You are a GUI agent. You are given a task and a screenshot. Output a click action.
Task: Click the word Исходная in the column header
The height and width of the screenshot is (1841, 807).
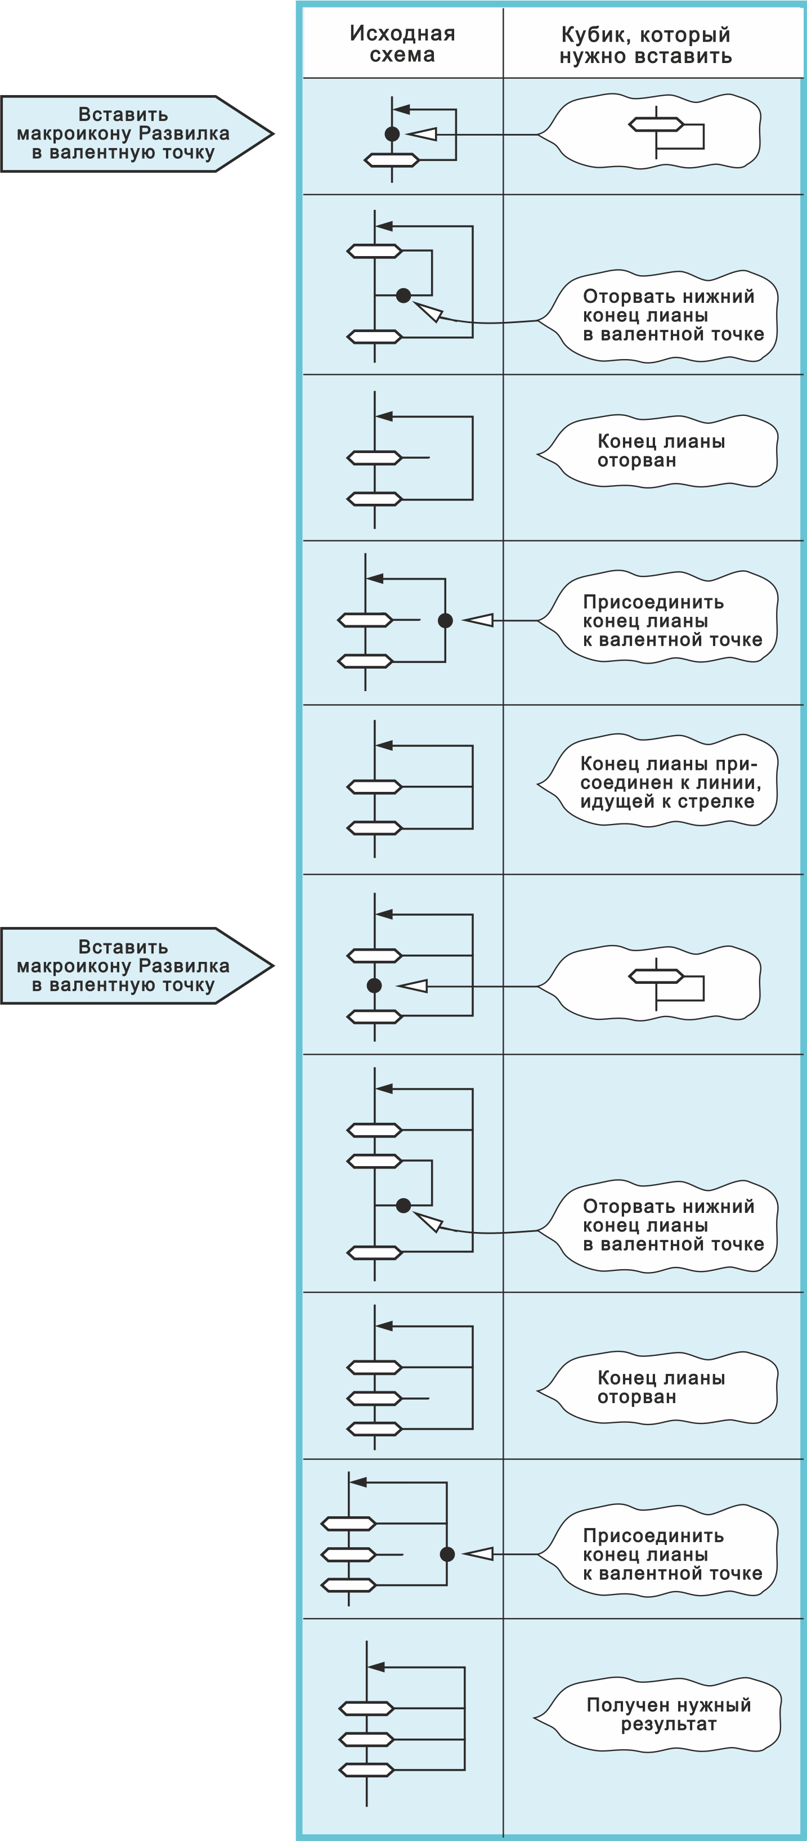[x=402, y=34]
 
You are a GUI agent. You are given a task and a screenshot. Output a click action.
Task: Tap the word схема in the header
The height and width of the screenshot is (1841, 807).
[x=402, y=55]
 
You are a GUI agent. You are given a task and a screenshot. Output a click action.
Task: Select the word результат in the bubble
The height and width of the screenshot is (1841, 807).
[x=669, y=1724]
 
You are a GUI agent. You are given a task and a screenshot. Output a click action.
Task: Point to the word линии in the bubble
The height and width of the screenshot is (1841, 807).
[x=732, y=782]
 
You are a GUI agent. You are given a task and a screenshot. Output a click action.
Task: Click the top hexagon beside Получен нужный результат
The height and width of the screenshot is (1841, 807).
[x=366, y=1709]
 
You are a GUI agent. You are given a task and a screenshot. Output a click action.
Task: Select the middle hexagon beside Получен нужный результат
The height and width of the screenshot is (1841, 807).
[x=366, y=1739]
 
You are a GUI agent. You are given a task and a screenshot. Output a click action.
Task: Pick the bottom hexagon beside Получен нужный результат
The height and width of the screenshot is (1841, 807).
[x=366, y=1770]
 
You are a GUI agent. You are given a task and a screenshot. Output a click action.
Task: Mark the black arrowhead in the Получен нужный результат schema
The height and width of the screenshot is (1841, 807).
[x=376, y=1667]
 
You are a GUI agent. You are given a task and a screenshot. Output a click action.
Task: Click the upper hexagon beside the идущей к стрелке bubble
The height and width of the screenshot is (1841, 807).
[x=374, y=787]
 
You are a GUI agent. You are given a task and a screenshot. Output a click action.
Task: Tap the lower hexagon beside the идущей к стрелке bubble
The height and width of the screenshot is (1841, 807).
[x=374, y=828]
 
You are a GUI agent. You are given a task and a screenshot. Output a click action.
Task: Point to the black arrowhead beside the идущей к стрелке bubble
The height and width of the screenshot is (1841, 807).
[x=384, y=745]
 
